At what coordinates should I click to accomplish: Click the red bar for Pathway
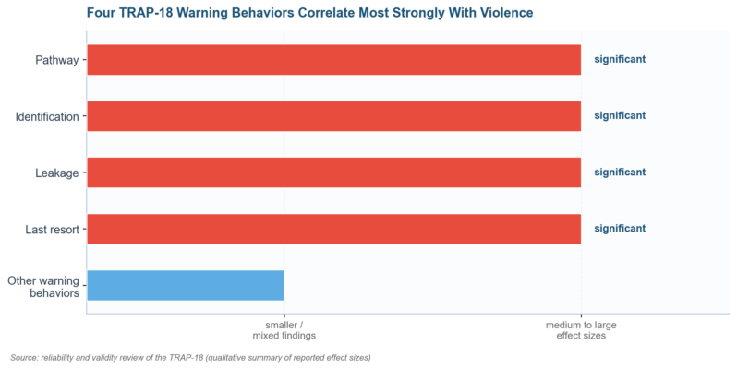pyautogui.click(x=333, y=60)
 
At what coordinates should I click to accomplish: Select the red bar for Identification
pyautogui.click(x=333, y=116)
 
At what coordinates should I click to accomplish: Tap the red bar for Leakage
pyautogui.click(x=333, y=173)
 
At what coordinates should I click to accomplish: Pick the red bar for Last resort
pyautogui.click(x=333, y=229)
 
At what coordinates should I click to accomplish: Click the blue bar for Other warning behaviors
pyautogui.click(x=186, y=285)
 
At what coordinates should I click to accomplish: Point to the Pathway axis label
pyautogui.click(x=57, y=60)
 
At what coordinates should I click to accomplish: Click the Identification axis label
pyautogui.click(x=47, y=116)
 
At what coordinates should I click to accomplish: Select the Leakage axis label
pyautogui.click(x=57, y=173)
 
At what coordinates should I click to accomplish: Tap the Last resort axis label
pyautogui.click(x=52, y=230)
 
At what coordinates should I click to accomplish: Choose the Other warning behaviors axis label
pyautogui.click(x=43, y=287)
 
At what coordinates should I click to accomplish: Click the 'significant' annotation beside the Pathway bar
pyautogui.click(x=620, y=59)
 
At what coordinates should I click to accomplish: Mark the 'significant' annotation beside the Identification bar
pyautogui.click(x=620, y=115)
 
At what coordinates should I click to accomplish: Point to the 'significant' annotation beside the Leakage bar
pyautogui.click(x=620, y=172)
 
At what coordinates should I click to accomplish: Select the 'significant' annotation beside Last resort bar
pyautogui.click(x=620, y=228)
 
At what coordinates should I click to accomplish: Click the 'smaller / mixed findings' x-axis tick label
pyautogui.click(x=284, y=330)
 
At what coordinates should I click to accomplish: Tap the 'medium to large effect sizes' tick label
pyautogui.click(x=581, y=330)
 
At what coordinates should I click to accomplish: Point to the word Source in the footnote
pyautogui.click(x=24, y=358)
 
